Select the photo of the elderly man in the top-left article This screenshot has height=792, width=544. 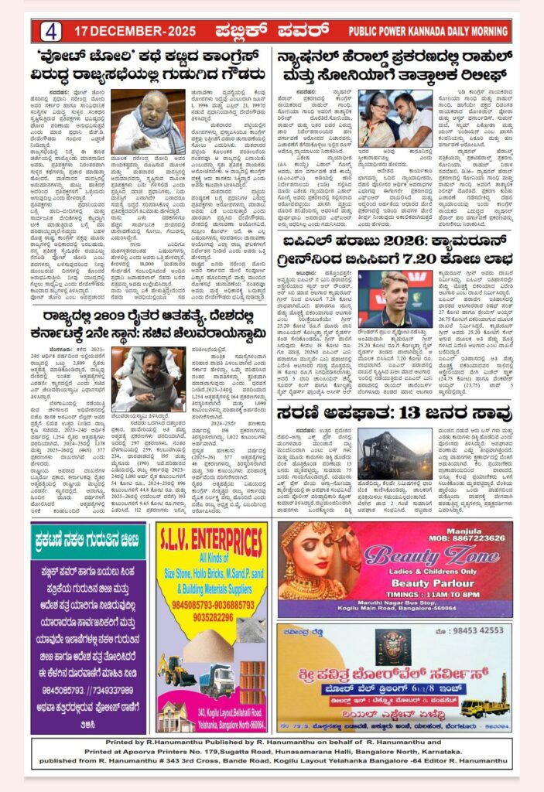(147, 122)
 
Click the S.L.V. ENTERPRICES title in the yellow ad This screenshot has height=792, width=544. (211, 538)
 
